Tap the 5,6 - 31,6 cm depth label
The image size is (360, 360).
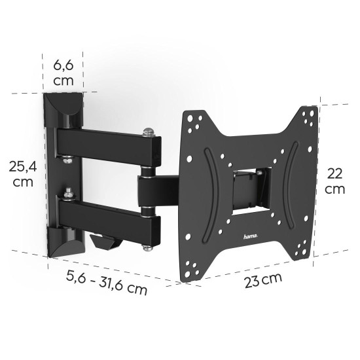(x=107, y=281)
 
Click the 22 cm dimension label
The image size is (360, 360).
(x=334, y=180)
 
